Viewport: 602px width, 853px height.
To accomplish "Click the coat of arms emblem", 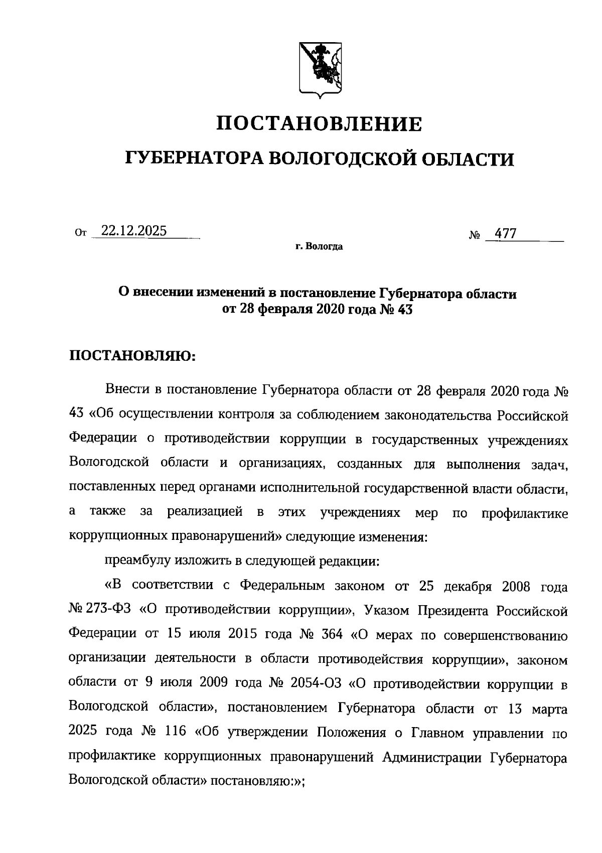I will point(321,69).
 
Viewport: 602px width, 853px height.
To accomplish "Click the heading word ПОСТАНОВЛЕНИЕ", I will point(319,123).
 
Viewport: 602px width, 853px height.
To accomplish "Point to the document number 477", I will point(506,234).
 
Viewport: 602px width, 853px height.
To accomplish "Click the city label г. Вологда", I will point(319,247).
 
